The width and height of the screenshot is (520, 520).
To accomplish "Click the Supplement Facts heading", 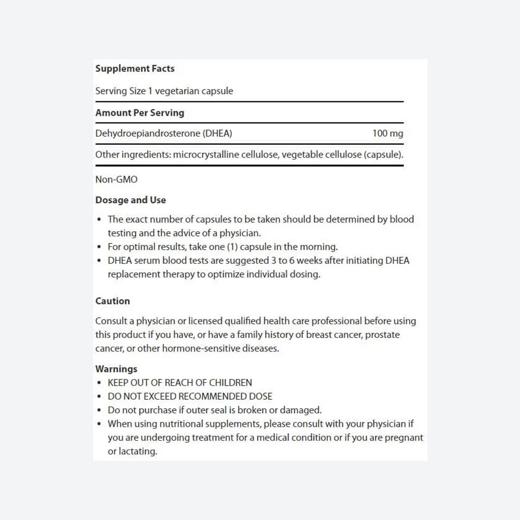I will (135, 69).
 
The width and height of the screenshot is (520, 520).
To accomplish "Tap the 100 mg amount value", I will (387, 134).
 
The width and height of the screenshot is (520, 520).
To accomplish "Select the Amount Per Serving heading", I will (139, 113).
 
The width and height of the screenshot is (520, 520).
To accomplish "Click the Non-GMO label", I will (116, 179).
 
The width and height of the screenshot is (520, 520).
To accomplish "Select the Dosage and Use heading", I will (131, 200).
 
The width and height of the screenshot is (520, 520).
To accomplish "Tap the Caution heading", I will (112, 301).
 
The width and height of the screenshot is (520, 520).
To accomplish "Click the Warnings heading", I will (116, 369).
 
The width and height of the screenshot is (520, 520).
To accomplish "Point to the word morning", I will (318, 247).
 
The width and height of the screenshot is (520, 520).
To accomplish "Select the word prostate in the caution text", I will (382, 335).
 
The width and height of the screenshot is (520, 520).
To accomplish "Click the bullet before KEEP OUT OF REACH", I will (99, 383).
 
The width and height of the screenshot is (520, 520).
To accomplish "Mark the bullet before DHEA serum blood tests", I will (99, 261).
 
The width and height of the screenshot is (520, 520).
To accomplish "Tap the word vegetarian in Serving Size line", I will (177, 91).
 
